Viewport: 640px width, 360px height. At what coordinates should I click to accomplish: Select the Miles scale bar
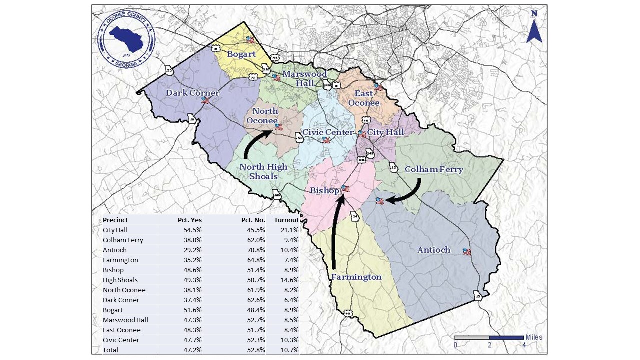[x=489, y=338]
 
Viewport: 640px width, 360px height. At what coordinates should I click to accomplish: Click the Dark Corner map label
[x=193, y=93]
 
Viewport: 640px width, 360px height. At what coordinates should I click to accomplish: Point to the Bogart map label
[x=241, y=54]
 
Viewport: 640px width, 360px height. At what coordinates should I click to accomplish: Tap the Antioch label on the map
[x=434, y=250]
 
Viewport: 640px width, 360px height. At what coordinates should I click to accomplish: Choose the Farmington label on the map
[x=356, y=277]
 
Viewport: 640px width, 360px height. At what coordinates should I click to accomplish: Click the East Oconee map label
[x=363, y=98]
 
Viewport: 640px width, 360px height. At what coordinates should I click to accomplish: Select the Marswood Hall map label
[x=304, y=79]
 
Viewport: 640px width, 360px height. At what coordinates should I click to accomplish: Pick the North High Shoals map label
[x=263, y=171]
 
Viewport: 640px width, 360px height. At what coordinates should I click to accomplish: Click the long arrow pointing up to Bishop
[x=336, y=230]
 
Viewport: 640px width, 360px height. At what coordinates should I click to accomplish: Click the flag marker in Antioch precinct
[x=467, y=252]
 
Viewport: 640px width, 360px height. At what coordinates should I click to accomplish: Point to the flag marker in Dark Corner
[x=205, y=100]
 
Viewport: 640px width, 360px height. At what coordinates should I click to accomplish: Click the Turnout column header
[x=286, y=220]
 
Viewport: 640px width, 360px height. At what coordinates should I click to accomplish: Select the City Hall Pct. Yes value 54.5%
[x=193, y=230]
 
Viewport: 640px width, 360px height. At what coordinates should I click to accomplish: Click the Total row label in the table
[x=110, y=350]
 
